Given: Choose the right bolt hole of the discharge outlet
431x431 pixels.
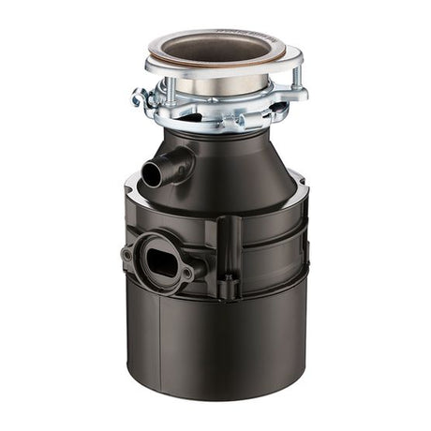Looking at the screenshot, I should [186, 272].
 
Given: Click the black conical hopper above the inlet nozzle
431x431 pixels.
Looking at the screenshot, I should [225, 159].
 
